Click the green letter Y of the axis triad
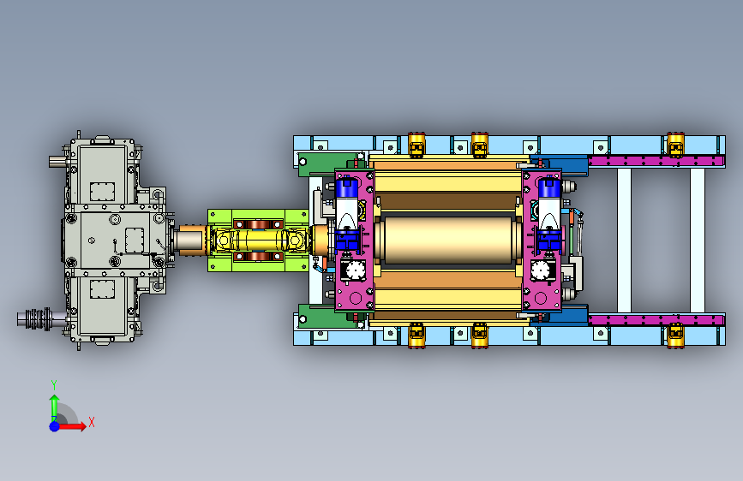coord(54,385)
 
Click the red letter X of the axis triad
coord(92,422)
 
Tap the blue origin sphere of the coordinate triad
coord(55,426)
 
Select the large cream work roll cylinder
coord(449,240)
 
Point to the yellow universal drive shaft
coord(259,240)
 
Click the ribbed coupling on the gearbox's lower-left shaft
coord(39,318)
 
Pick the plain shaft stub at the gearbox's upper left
coord(57,162)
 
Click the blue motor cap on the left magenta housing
coord(347,187)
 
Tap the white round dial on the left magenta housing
coord(355,271)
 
